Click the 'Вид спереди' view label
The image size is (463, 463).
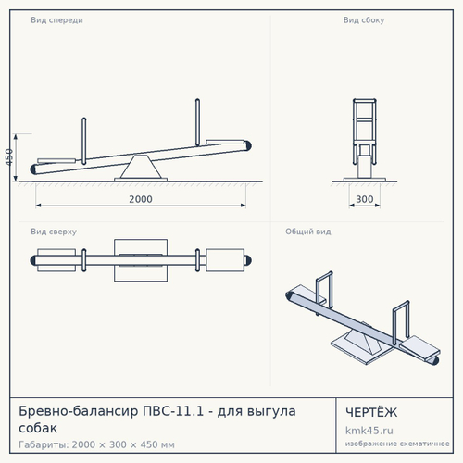(56, 20)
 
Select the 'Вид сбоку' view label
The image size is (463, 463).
(364, 20)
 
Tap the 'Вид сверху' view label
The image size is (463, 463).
(54, 231)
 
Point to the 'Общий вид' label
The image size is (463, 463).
(308, 231)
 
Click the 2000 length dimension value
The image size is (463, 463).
(141, 199)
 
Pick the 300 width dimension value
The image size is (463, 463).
(365, 199)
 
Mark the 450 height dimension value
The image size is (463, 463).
(9, 157)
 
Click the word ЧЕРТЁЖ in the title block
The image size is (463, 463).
(371, 412)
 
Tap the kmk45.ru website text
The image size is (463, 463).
(369, 431)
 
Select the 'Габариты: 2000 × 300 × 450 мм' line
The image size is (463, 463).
(96, 444)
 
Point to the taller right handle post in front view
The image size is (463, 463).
(197, 122)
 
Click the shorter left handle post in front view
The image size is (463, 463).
(84, 141)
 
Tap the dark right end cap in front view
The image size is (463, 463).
(248, 145)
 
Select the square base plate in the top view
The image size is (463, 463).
(141, 260)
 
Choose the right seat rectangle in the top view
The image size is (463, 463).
(225, 260)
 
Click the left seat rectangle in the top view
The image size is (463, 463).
(56, 260)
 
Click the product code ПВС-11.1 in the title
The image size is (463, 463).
(173, 411)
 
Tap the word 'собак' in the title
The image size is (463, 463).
(38, 429)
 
